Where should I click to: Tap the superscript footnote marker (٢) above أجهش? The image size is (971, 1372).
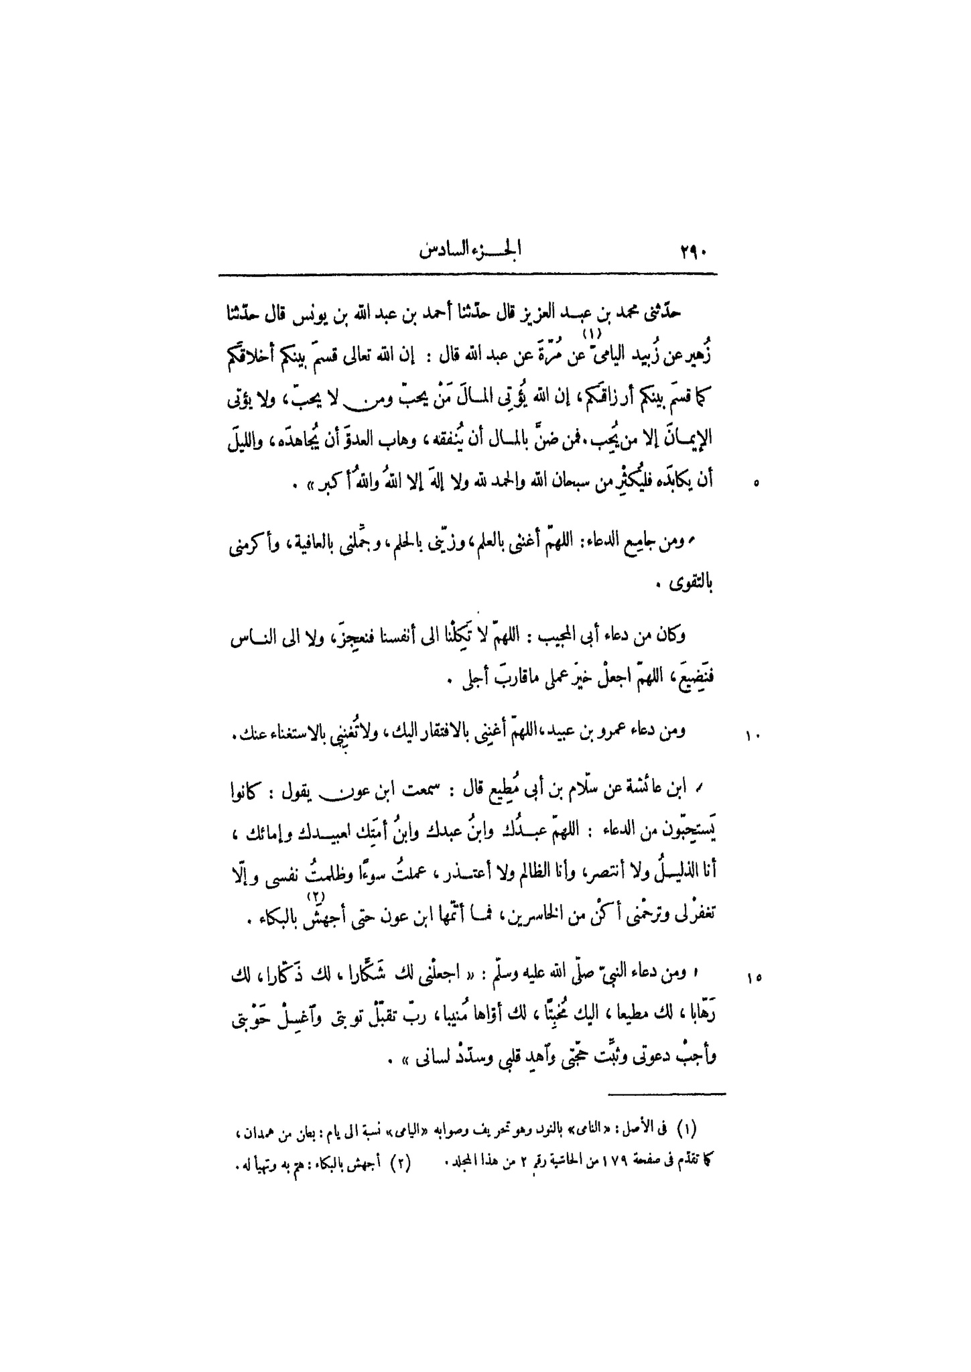coord(316,897)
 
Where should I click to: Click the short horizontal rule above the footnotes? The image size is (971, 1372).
coord(667,1095)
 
